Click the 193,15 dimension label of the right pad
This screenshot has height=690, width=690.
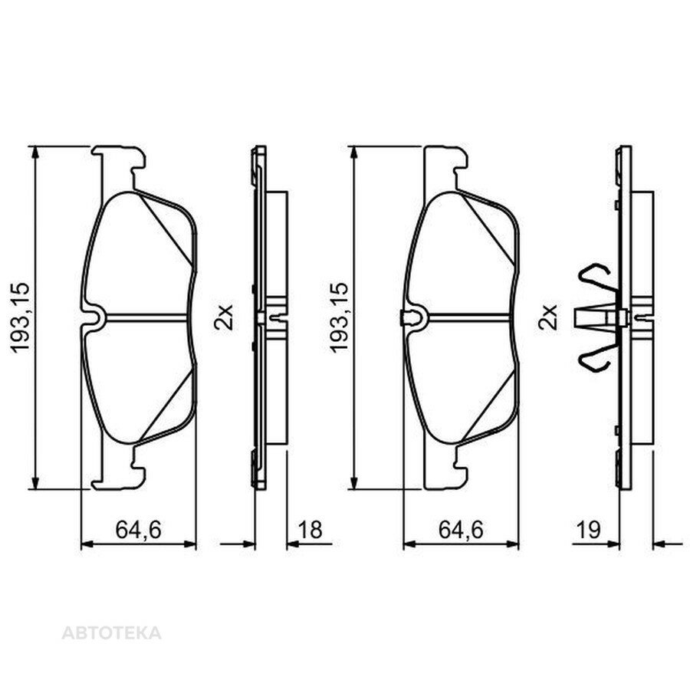click(x=340, y=317)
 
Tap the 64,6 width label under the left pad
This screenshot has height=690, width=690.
click(x=139, y=530)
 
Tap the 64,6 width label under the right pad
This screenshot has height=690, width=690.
click(x=461, y=530)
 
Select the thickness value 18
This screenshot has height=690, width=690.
click(x=310, y=530)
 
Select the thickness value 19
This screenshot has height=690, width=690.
click(x=588, y=530)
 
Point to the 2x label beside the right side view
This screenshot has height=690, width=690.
click(x=547, y=317)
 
